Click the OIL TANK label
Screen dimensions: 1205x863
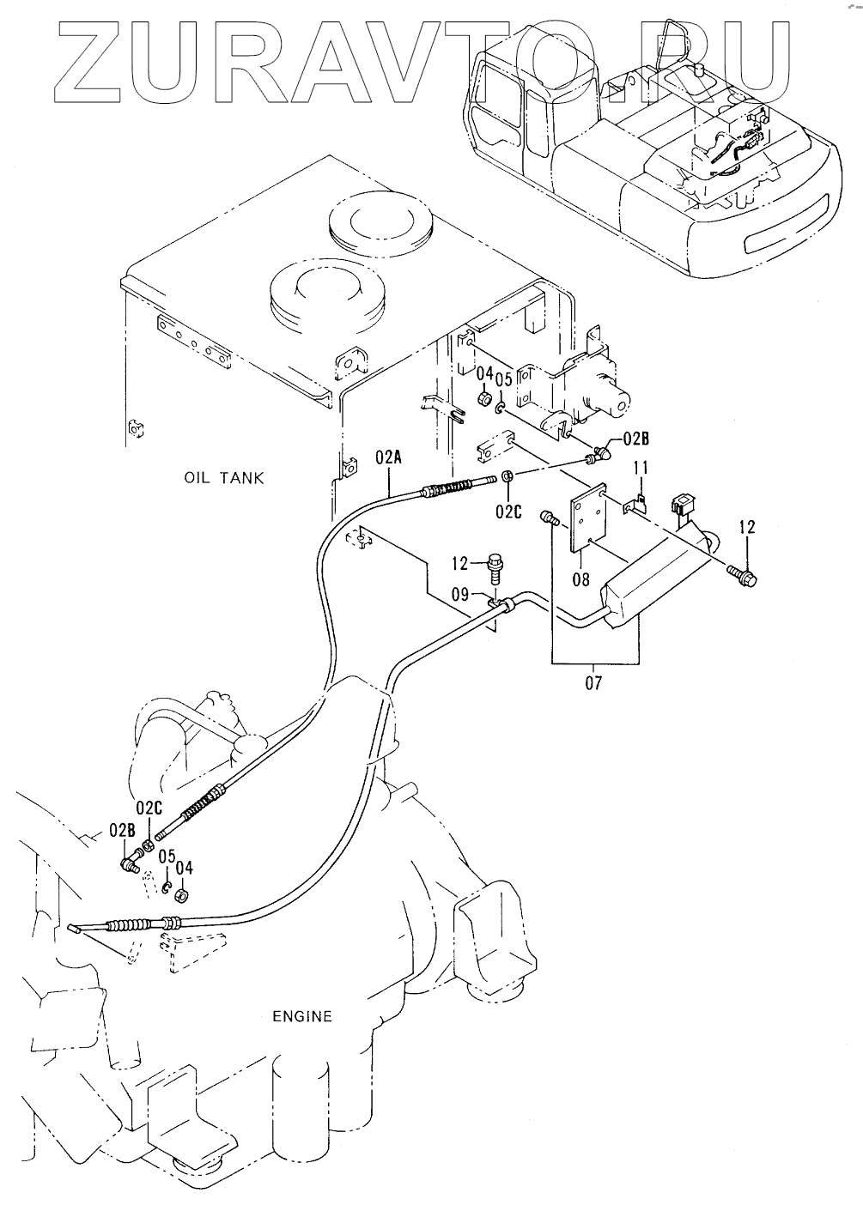pos(224,477)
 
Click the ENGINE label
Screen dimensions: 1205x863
pos(301,1016)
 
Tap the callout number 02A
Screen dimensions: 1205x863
pos(388,457)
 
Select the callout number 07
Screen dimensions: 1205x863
pos(593,683)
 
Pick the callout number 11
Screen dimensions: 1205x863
pos(640,468)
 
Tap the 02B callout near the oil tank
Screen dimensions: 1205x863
pos(636,439)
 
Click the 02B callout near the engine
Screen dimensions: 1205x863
pos(122,830)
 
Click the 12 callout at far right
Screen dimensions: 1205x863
pos(747,527)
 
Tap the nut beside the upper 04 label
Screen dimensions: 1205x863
pos(484,399)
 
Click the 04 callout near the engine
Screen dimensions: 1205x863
pos(185,869)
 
